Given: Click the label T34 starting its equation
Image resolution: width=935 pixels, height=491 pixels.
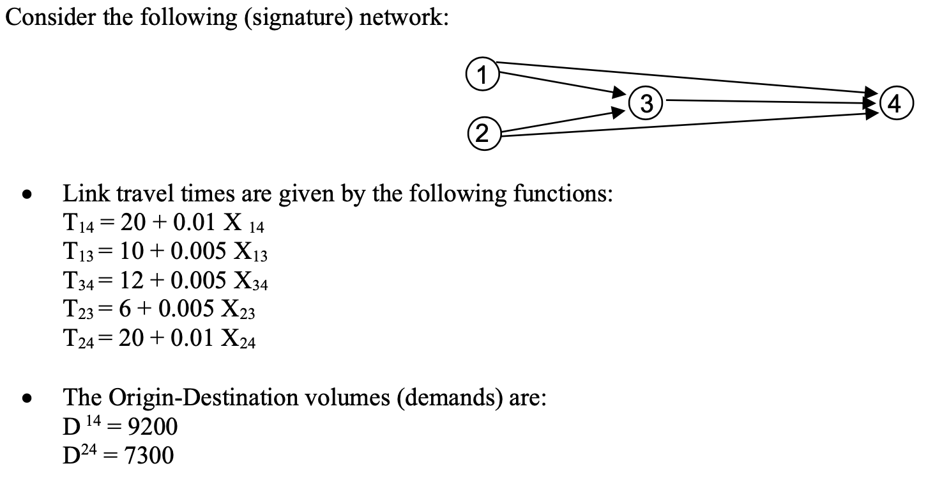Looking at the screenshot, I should (x=76, y=283).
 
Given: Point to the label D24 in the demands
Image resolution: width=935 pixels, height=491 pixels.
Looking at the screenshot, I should (x=79, y=456).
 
